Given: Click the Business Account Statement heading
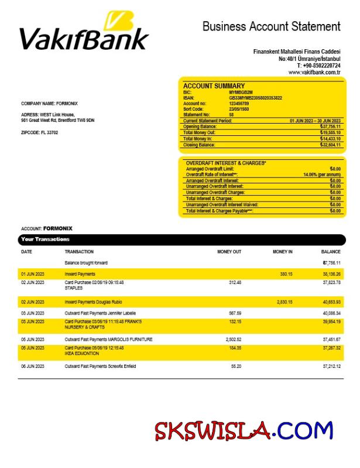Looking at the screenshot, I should click(271, 26).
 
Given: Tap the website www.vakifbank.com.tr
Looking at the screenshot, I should click(314, 72).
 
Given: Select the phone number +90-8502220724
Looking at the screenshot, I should click(318, 66).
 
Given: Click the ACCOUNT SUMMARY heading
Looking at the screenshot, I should click(214, 86).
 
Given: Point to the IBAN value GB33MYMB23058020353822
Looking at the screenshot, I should click(255, 98).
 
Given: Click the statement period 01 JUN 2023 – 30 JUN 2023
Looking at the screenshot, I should click(315, 121).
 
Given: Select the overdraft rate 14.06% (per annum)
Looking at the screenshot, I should click(321, 175).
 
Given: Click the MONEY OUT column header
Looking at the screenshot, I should click(229, 252).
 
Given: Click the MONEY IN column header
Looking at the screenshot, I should click(282, 252).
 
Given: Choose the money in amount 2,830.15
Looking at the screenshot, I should click(284, 302).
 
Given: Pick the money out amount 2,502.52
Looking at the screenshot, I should click(233, 339).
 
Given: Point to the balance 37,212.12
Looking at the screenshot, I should click(331, 366).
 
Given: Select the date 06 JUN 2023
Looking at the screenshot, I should click(32, 366).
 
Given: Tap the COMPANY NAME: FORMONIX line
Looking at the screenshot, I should click(49, 104).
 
